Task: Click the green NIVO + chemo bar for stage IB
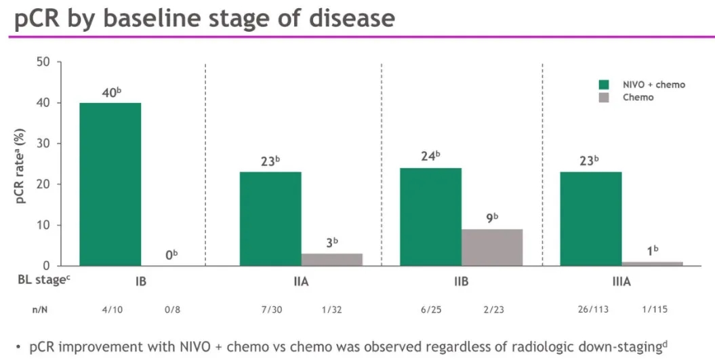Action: point(110,184)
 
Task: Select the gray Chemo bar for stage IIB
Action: point(492,247)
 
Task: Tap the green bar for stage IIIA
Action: point(591,218)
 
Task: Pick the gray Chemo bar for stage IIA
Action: point(331,259)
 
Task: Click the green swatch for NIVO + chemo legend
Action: point(605,85)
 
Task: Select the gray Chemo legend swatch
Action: point(605,98)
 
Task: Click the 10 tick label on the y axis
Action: point(43,225)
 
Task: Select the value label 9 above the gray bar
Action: point(491,219)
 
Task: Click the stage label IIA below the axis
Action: point(301,280)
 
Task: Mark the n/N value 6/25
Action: point(430,309)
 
